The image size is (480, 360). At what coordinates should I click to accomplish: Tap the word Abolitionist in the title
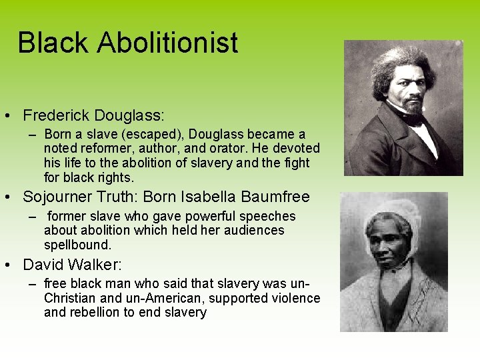point(167,43)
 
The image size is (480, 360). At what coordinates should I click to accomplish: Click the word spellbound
point(77,245)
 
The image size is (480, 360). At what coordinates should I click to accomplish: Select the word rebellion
point(95,313)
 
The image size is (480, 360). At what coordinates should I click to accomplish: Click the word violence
point(293,298)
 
